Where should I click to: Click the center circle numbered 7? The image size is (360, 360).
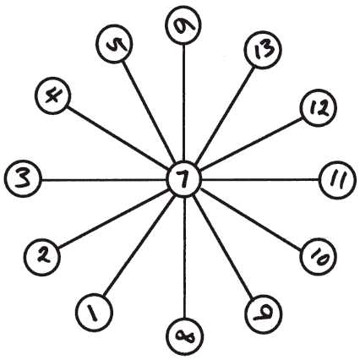coord(184,179)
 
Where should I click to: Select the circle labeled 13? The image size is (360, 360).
coord(263,50)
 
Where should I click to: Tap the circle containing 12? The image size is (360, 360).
coord(319,107)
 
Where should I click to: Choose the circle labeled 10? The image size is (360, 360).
coord(319,257)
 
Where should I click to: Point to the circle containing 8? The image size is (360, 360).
coord(185,336)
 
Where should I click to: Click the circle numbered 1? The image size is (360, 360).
coord(95,312)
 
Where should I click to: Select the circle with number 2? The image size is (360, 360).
coord(41,257)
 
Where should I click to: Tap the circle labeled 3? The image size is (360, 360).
coord(23,179)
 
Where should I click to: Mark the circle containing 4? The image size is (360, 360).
coord(53,95)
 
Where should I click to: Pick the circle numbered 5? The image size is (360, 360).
coord(114,44)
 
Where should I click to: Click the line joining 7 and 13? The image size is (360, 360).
coord(225,115)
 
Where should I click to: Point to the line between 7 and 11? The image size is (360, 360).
coord(261,179)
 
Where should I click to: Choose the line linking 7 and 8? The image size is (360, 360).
coord(184,258)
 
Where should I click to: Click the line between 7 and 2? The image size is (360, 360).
coord(113,218)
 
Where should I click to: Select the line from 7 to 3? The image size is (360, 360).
coord(104,179)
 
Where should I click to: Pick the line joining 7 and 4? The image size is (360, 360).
coord(117,135)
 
